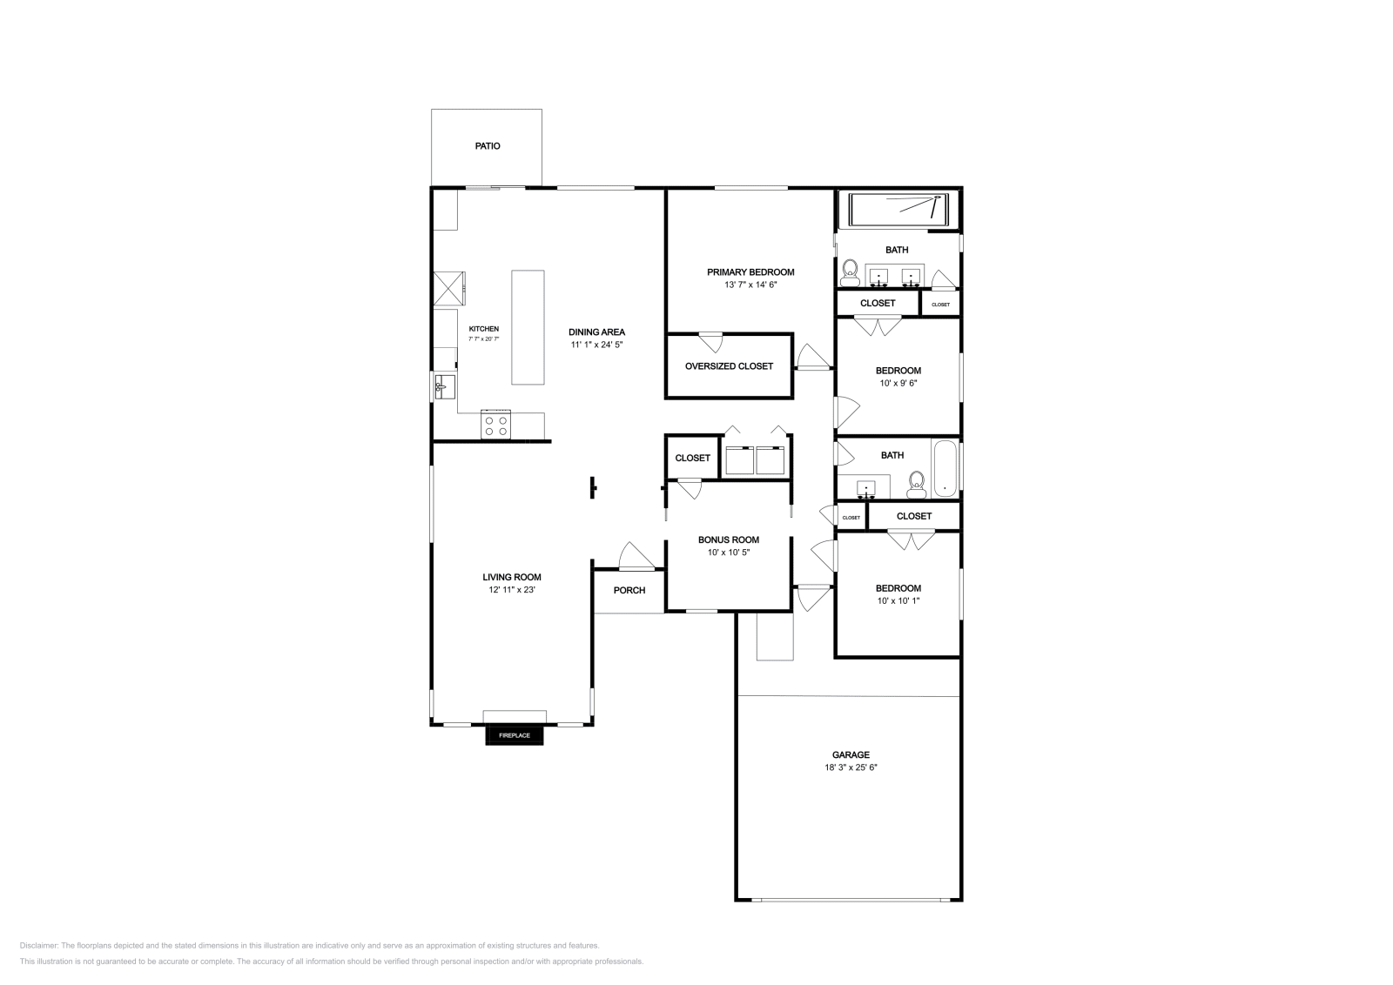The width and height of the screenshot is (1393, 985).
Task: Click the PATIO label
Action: (x=488, y=146)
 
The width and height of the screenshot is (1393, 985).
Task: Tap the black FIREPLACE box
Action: (x=515, y=735)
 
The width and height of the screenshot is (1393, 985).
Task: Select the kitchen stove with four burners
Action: (x=496, y=425)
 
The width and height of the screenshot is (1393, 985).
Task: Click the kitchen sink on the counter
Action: (x=442, y=385)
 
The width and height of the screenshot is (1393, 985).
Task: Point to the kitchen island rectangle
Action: (x=528, y=326)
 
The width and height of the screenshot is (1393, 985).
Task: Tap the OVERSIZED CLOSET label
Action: (x=729, y=366)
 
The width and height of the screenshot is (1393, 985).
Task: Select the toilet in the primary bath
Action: (x=851, y=272)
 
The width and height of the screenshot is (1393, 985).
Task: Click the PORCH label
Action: (x=629, y=590)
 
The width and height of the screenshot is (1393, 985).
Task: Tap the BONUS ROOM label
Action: (x=729, y=539)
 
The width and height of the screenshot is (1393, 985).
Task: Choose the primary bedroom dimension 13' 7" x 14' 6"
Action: (x=750, y=285)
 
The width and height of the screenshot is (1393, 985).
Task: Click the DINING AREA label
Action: (x=596, y=332)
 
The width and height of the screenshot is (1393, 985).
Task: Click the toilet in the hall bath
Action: (x=916, y=484)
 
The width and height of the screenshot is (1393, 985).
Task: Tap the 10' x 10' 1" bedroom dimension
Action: (x=898, y=600)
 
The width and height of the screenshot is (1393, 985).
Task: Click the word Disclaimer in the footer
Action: (x=37, y=945)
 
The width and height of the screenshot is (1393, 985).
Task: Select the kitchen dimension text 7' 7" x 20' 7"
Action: (x=484, y=338)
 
